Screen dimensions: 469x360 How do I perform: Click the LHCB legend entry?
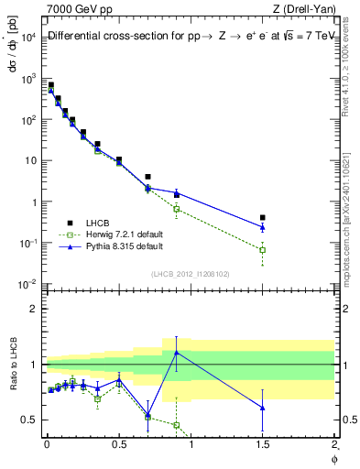pos(98,223)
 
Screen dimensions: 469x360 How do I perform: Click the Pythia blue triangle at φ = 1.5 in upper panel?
pos(262,227)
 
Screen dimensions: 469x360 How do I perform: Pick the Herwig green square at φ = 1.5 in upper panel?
pos(262,249)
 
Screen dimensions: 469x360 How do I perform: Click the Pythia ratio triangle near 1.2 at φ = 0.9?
pos(176,353)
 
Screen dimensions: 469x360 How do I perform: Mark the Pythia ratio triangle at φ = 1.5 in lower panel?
pos(262,408)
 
